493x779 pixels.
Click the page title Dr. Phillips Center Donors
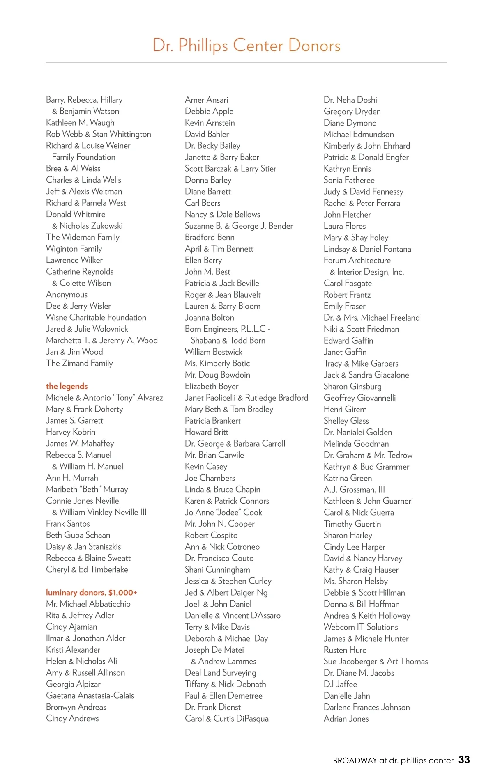[246, 46]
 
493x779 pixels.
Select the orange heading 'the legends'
[67, 386]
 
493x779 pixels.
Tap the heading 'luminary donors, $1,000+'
[91, 592]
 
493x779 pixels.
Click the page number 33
[464, 760]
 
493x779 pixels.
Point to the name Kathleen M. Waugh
[80, 123]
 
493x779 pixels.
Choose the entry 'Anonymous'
[67, 295]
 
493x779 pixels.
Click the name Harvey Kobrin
[71, 432]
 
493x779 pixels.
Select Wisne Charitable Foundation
[96, 318]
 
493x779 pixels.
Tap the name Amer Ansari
[206, 100]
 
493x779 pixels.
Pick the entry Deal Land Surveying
[220, 673]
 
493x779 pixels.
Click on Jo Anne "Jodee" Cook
[223, 513]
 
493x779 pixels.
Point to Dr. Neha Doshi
[350, 100]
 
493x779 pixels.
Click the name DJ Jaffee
[340, 684]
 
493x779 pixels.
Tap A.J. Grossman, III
[354, 490]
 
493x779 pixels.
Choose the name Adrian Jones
[346, 719]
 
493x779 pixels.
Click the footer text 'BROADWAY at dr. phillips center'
[393, 761]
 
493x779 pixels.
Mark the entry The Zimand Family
[79, 363]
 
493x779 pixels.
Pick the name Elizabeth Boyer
[212, 386]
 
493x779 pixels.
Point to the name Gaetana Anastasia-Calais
[90, 696]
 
